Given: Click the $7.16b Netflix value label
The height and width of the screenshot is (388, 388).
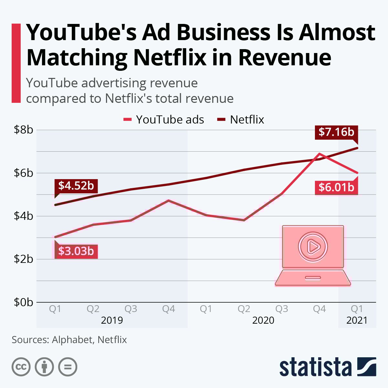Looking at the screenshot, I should click(x=336, y=132).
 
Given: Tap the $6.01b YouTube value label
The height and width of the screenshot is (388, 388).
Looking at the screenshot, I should click(x=336, y=187).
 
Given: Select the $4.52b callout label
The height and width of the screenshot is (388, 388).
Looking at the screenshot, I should click(x=76, y=186).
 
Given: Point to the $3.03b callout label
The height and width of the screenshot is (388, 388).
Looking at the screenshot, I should click(x=76, y=251).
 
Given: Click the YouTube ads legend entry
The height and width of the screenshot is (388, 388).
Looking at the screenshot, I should click(x=164, y=120).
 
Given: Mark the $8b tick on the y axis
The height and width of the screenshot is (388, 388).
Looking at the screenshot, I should click(x=23, y=130).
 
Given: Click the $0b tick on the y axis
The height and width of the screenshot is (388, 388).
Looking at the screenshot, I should click(x=23, y=302).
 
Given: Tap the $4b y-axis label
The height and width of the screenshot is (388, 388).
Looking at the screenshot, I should click(x=23, y=216).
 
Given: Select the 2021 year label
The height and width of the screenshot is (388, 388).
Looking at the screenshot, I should click(x=357, y=320).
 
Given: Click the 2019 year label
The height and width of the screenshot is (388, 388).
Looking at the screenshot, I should click(x=112, y=320).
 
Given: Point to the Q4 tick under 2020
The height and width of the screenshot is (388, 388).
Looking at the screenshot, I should click(x=319, y=309).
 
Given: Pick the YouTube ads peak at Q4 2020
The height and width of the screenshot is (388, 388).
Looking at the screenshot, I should click(x=319, y=154).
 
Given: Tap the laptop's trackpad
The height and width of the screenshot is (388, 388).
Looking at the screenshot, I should click(x=313, y=278).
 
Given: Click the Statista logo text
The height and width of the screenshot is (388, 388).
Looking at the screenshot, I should click(x=315, y=367).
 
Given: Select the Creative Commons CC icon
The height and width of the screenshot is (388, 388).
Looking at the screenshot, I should click(x=21, y=367).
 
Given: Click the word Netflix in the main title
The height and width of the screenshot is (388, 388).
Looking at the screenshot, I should click(x=170, y=58).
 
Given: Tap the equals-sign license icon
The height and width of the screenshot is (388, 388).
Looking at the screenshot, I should click(x=68, y=367).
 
